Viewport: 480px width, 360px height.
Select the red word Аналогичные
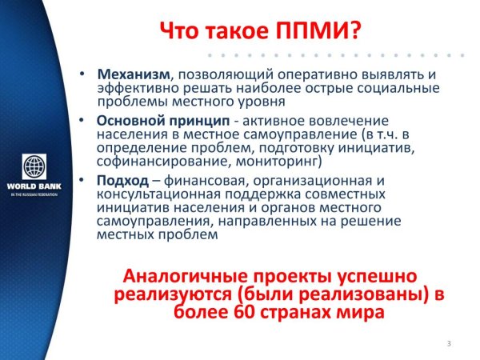[x=190, y=275]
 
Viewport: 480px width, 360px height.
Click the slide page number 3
[x=449, y=344]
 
